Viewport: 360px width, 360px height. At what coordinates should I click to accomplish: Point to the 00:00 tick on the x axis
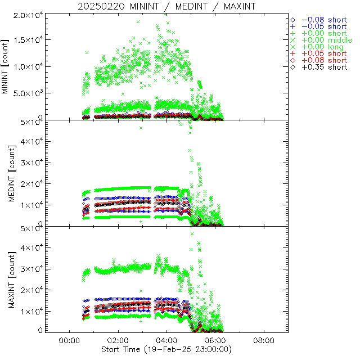tap(69, 341)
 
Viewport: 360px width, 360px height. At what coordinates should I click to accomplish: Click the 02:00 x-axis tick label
tap(118, 341)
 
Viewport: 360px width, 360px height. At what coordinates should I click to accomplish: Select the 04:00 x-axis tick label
tap(166, 341)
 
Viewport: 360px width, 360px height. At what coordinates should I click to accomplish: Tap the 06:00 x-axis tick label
tap(215, 341)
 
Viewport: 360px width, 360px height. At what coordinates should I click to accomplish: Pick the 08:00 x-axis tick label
tap(264, 341)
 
